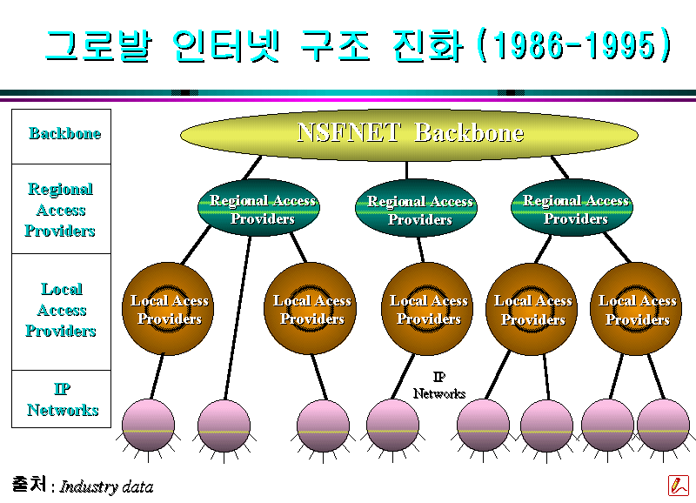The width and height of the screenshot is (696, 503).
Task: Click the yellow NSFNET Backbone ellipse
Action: (x=409, y=135)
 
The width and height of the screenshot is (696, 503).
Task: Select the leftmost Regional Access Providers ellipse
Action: (x=258, y=207)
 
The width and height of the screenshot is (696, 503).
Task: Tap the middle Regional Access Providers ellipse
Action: (x=416, y=208)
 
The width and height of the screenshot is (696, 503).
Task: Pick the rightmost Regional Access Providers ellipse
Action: (x=572, y=207)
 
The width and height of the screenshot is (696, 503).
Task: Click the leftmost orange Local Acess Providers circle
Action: (x=168, y=309)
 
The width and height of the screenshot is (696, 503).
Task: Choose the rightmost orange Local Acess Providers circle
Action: (x=636, y=309)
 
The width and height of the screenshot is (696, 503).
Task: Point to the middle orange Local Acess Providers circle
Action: (x=427, y=309)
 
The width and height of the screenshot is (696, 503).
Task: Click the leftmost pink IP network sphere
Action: (x=148, y=426)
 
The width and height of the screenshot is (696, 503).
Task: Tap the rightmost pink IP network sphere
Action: (x=663, y=426)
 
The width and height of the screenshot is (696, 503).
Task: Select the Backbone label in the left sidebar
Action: (x=64, y=133)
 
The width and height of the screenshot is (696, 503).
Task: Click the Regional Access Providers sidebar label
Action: (x=60, y=210)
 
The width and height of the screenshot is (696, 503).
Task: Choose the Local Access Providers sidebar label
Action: (x=61, y=310)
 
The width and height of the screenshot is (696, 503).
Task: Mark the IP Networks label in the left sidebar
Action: (x=63, y=399)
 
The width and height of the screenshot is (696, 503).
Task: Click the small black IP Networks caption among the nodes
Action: (x=439, y=386)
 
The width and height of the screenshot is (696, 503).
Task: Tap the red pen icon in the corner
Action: (x=679, y=486)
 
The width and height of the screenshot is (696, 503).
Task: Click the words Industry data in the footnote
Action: (x=106, y=487)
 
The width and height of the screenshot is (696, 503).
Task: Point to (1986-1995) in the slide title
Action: (x=573, y=45)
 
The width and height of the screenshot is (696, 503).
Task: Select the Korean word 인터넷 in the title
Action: (x=226, y=46)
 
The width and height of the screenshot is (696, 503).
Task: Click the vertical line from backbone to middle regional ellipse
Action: (x=406, y=171)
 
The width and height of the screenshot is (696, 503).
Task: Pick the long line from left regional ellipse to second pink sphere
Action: (x=238, y=318)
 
